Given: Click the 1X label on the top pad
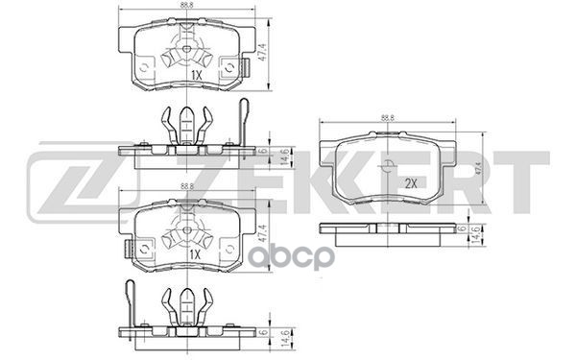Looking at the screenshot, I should (195, 74).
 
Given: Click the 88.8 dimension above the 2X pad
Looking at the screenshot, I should (389, 117).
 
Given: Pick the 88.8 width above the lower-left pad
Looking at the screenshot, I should (186, 189).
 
